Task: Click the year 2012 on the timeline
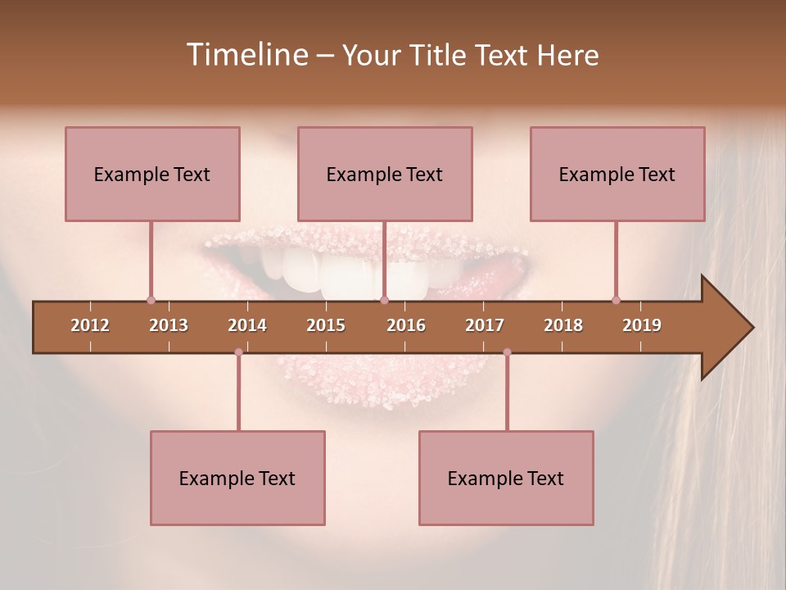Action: point(90,325)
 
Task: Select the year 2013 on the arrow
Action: point(169,325)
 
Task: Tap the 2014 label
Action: point(247,325)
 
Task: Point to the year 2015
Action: point(326,325)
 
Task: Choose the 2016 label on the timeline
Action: point(406,325)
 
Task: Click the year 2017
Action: point(485,325)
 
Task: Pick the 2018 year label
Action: point(563,325)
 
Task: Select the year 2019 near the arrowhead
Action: point(642,325)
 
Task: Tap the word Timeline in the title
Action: point(246,55)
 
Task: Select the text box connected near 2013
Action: point(152,174)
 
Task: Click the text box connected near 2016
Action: point(385,174)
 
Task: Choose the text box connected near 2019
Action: point(617,174)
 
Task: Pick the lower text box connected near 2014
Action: point(237,478)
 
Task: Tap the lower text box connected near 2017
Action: point(506,478)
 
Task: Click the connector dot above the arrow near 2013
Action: point(151,300)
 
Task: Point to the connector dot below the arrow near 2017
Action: point(507,352)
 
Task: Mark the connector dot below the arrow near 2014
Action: point(238,352)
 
